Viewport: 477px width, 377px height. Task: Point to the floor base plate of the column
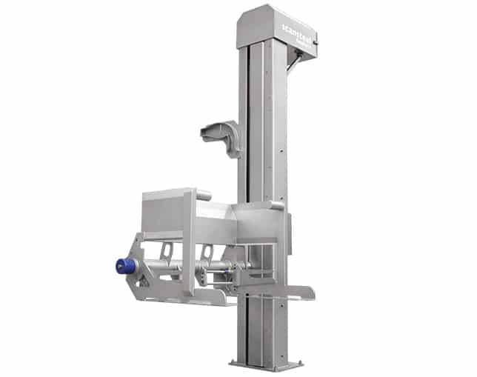coord(266,364)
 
